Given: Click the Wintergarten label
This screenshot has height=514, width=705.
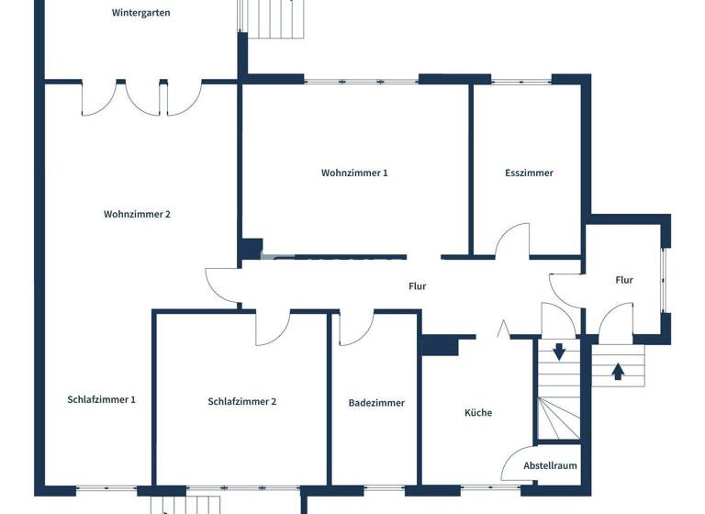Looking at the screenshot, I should (140, 13).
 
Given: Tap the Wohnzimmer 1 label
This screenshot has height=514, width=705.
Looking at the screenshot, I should (354, 173).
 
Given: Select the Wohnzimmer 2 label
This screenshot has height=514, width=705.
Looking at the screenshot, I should (137, 214).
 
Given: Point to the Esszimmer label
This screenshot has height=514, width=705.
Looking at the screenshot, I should (529, 173).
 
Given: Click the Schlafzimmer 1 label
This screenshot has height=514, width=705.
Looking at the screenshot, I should (101, 399).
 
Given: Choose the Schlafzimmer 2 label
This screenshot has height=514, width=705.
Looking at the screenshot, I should (242, 401).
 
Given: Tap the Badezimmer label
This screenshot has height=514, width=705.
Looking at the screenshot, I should (376, 403).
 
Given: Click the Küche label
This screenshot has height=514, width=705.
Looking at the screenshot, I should (477, 413).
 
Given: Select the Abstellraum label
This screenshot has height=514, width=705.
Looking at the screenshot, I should (550, 465).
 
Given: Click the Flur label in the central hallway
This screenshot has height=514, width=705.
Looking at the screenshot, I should (417, 286).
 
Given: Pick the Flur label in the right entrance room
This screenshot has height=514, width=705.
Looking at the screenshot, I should (624, 280).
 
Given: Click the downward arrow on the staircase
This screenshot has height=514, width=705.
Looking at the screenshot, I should (558, 352).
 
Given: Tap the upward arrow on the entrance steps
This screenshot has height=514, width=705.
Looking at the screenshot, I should (618, 371).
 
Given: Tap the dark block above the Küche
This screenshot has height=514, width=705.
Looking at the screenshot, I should (441, 344).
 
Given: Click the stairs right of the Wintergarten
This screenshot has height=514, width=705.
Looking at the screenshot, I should (274, 19).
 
